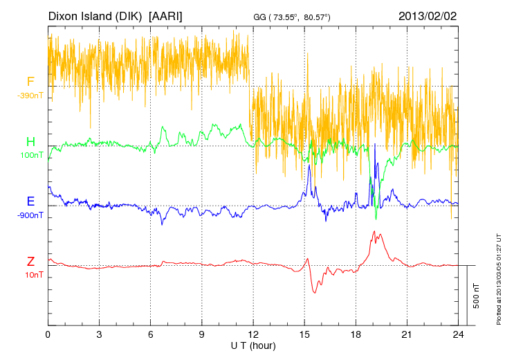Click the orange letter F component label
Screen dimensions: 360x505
tap(30, 82)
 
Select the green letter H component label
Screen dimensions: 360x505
tap(30, 142)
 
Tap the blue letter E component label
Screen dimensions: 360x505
tap(30, 201)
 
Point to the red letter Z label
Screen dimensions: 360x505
tap(30, 262)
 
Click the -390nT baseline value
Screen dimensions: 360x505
tap(30, 96)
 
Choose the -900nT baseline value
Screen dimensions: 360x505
tap(30, 215)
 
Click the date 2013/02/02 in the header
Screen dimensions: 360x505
tap(428, 15)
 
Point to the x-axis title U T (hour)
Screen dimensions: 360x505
tap(253, 345)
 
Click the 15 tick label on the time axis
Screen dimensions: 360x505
tap(304, 334)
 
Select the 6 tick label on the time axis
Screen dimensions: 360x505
tap(151, 334)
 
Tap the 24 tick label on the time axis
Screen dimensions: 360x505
tap(458, 334)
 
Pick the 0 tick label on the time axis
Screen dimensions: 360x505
tap(48, 334)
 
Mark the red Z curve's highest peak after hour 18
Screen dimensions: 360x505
tap(374, 231)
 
